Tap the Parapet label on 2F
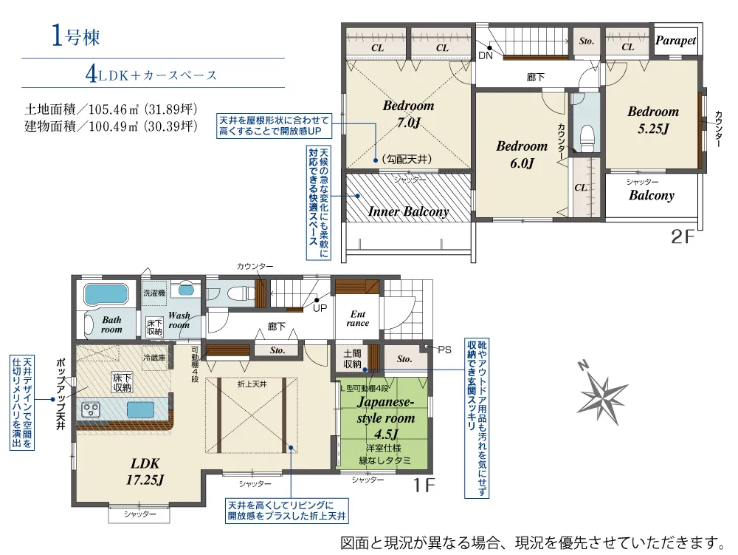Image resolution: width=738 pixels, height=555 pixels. coord(675,41)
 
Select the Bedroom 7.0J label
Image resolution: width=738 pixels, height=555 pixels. coord(408,114)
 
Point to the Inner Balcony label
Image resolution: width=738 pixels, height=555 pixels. coord(408,211)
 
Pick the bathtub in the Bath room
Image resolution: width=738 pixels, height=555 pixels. coord(106,295)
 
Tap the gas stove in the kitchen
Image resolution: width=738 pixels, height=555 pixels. coord(91,409)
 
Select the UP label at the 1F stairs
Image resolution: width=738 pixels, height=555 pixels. coord(320,309)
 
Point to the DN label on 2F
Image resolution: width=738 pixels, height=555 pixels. coord(486,55)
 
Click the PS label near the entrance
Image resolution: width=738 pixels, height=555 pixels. coord(444,350)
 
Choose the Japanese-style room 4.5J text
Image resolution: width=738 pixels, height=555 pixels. coord(386,418)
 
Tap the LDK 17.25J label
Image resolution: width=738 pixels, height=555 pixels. coord(145,471)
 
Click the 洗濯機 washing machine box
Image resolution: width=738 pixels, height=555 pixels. coord(154,293)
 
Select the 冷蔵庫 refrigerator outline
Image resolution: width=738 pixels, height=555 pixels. coord(154,358)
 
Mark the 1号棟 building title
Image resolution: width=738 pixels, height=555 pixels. coord(75,35)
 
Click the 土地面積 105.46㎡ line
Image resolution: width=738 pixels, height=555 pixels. coord(111,109)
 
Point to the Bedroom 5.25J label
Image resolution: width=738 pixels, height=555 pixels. coord(653,120)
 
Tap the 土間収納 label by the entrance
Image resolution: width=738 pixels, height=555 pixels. coord(352,358)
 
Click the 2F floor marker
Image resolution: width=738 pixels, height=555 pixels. coord(683,236)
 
